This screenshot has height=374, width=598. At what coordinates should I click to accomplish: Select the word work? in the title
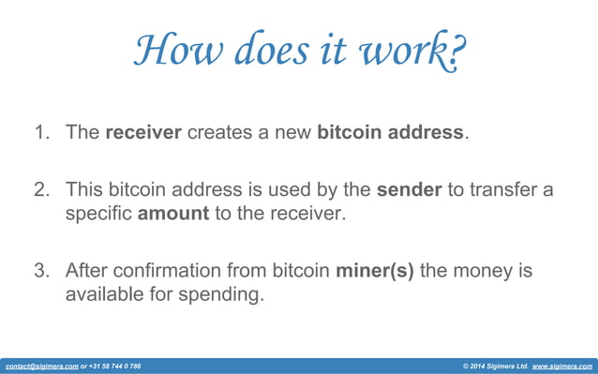point(417,52)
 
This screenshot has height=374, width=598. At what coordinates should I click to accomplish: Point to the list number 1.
point(42,133)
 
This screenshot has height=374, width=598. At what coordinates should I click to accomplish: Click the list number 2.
point(42,190)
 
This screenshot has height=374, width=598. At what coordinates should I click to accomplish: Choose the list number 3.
point(42,271)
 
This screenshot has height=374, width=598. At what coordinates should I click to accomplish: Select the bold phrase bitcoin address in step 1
point(390,133)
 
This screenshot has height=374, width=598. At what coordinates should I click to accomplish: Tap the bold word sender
point(409,190)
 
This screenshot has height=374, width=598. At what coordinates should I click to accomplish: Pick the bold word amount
point(172,214)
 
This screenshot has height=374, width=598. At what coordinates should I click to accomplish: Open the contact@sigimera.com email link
point(41,366)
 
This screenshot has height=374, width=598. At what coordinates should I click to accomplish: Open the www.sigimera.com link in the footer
point(562,366)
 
